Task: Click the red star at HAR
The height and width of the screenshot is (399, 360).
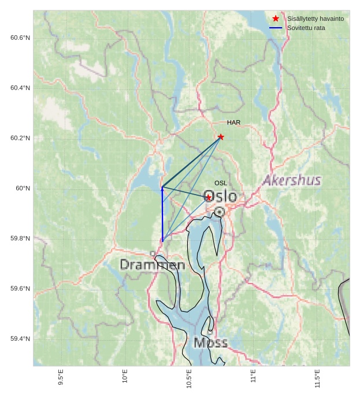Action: tap(221, 137)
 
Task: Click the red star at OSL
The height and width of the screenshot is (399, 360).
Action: tap(209, 197)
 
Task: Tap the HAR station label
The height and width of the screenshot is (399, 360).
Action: tap(233, 122)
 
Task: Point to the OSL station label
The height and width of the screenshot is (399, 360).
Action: tap(221, 183)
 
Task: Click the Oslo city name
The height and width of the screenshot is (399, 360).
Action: tap(221, 196)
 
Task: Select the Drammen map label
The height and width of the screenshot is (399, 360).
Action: tap(153, 265)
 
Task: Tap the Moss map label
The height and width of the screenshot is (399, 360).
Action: tap(210, 343)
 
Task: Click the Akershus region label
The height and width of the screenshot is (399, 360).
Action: tap(292, 181)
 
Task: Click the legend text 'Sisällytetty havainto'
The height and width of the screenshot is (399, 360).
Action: tap(315, 19)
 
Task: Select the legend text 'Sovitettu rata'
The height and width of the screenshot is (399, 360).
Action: tap(306, 28)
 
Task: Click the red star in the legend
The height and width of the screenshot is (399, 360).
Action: tap(276, 18)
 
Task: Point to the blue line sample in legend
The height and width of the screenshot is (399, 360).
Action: tap(276, 28)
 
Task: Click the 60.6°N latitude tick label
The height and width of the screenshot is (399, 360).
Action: tap(20, 38)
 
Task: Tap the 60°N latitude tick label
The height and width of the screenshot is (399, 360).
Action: tap(23, 188)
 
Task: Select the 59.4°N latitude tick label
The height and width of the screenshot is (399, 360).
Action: tap(20, 339)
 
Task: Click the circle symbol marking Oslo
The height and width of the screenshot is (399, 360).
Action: tap(220, 212)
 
